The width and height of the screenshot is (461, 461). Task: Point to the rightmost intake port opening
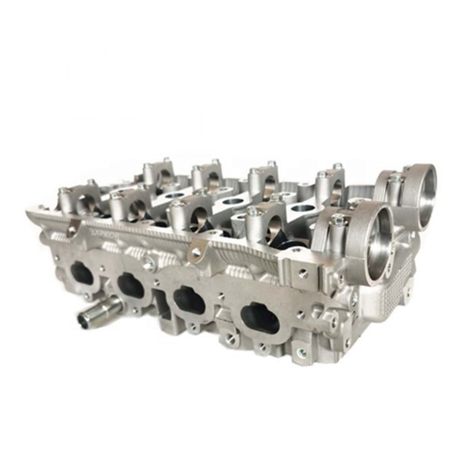259,318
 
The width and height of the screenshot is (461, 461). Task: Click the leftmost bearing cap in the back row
155,171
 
